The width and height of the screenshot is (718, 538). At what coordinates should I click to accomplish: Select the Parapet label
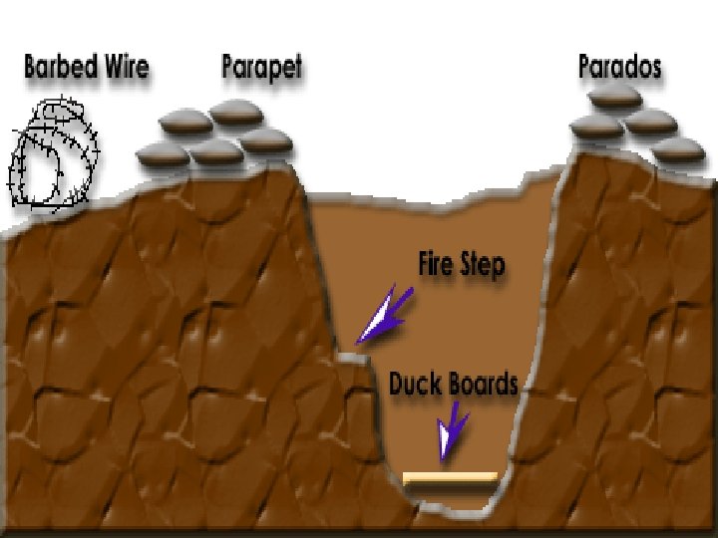[x=261, y=69]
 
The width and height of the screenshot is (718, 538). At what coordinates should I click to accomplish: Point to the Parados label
[x=619, y=68]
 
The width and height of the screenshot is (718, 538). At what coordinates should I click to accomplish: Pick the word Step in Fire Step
[x=483, y=267]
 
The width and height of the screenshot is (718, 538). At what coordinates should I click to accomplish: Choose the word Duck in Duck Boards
[x=413, y=384]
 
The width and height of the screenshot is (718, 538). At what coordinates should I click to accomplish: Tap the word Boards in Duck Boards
[x=481, y=384]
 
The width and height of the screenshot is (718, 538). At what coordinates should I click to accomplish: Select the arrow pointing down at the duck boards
[x=454, y=430]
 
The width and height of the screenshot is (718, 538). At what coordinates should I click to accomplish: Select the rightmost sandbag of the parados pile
[x=681, y=150]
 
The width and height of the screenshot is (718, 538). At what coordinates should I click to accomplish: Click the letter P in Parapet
[x=228, y=68]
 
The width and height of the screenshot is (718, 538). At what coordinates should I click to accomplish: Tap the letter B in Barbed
[x=31, y=68]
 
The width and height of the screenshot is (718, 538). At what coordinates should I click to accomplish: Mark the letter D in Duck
[x=396, y=384]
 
